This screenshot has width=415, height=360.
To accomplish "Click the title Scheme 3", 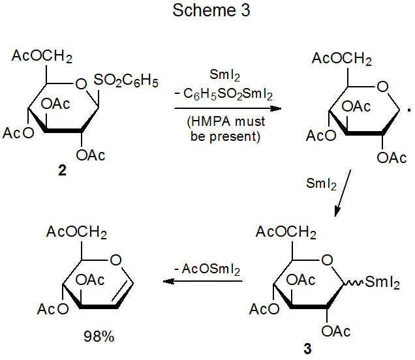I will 207,11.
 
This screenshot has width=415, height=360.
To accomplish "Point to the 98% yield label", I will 99,337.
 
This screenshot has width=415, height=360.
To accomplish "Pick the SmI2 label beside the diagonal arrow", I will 321,185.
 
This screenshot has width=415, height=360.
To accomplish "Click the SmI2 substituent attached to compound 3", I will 382,283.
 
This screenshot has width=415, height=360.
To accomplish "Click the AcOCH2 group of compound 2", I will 42,57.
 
